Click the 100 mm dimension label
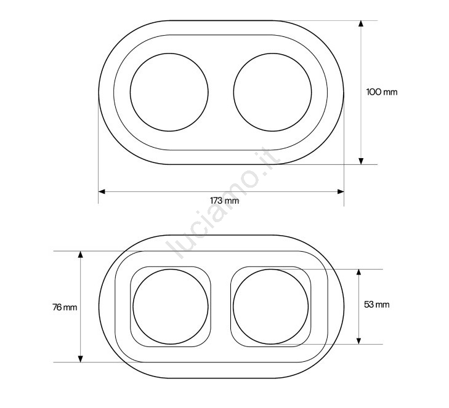pyautogui.click(x=382, y=92)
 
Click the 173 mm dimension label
pyautogui.click(x=224, y=200)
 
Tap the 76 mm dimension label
pyautogui.click(x=65, y=307)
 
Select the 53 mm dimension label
pyautogui.click(x=376, y=305)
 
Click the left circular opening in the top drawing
pyautogui.click(x=131, y=92)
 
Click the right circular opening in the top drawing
pyautogui.click(x=233, y=92)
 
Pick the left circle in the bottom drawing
pyautogui.click(x=133, y=306)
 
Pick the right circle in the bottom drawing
pyautogui.click(x=233, y=306)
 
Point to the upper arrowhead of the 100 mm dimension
pyautogui.click(x=361, y=23)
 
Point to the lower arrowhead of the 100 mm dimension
pyautogui.click(x=361, y=161)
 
